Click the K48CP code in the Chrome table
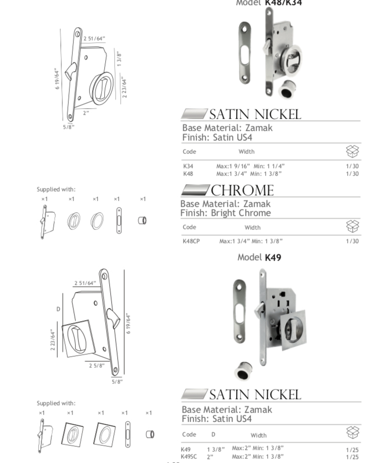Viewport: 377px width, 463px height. click(191, 241)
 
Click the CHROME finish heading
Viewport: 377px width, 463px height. click(242, 190)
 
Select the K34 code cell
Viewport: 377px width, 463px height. click(188, 166)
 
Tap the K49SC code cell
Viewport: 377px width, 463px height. click(189, 456)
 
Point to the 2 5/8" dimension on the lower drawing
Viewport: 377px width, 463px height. click(97, 365)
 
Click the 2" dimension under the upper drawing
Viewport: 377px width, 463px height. click(86, 113)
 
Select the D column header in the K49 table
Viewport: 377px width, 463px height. click(213, 434)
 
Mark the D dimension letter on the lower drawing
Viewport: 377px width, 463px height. click(58, 309)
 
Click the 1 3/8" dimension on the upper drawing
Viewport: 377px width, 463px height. click(119, 58)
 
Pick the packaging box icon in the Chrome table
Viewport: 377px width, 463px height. click(352, 226)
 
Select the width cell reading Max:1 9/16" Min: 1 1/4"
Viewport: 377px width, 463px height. click(250, 166)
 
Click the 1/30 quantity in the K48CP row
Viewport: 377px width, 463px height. click(352, 241)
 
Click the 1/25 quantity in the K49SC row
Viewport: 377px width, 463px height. click(352, 457)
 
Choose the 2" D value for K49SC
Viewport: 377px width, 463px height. click(210, 456)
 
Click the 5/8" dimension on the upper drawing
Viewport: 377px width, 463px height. click(68, 127)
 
